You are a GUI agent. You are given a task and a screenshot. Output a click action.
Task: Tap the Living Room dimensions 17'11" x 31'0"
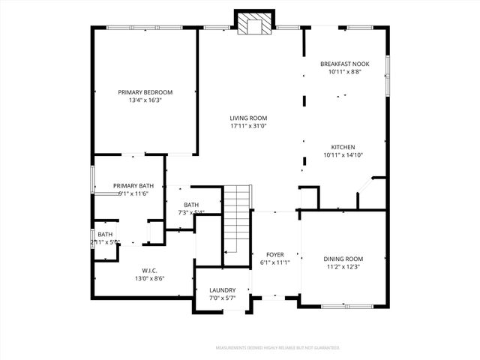[x=247, y=126]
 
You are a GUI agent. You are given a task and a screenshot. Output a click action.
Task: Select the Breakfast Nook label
[x=344, y=64]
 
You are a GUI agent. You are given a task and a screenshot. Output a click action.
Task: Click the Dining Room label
[x=343, y=259]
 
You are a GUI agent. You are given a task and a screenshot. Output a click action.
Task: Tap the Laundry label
[x=223, y=290]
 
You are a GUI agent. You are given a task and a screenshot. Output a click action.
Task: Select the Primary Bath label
[x=133, y=185]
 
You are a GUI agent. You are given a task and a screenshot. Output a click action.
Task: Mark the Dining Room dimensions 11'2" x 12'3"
[x=343, y=268]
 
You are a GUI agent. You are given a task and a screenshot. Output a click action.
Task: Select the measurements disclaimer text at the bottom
[x=277, y=348]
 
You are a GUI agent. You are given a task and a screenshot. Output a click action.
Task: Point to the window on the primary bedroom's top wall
[x=143, y=28]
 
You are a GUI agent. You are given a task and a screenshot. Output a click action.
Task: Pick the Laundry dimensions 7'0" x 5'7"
[x=223, y=298]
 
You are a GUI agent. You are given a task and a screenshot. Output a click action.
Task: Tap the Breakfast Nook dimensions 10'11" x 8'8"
[x=344, y=72]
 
